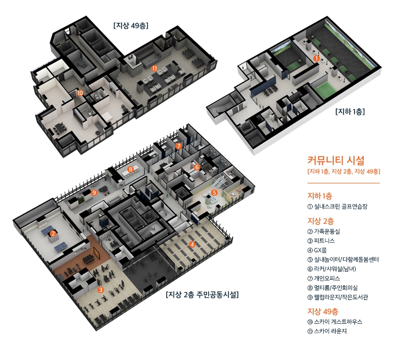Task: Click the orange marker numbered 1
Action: (x=316, y=59)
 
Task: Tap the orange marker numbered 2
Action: (x=53, y=233)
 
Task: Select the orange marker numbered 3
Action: (x=100, y=290)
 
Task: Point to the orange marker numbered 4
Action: (x=192, y=245)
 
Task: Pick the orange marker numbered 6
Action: (x=197, y=167)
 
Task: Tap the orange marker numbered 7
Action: (x=178, y=146)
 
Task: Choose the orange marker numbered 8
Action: (x=130, y=169)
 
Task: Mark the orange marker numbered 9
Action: (x=94, y=192)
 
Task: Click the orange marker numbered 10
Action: (x=80, y=93)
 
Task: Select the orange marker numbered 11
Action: (x=155, y=68)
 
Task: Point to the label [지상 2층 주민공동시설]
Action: (x=202, y=295)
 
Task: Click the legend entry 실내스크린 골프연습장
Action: (x=337, y=207)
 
